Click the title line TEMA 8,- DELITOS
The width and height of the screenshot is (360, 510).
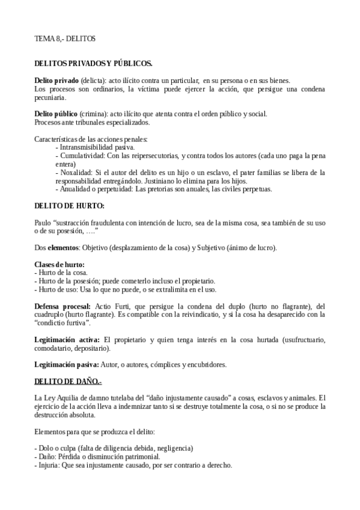click(65, 39)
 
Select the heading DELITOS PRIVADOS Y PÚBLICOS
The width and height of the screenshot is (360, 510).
click(93, 63)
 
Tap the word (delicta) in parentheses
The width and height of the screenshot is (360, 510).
click(94, 81)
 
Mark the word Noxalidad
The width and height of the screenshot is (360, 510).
click(75, 173)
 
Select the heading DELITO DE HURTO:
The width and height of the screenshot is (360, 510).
click(70, 206)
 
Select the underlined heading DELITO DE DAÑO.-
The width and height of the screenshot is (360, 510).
click(69, 381)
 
